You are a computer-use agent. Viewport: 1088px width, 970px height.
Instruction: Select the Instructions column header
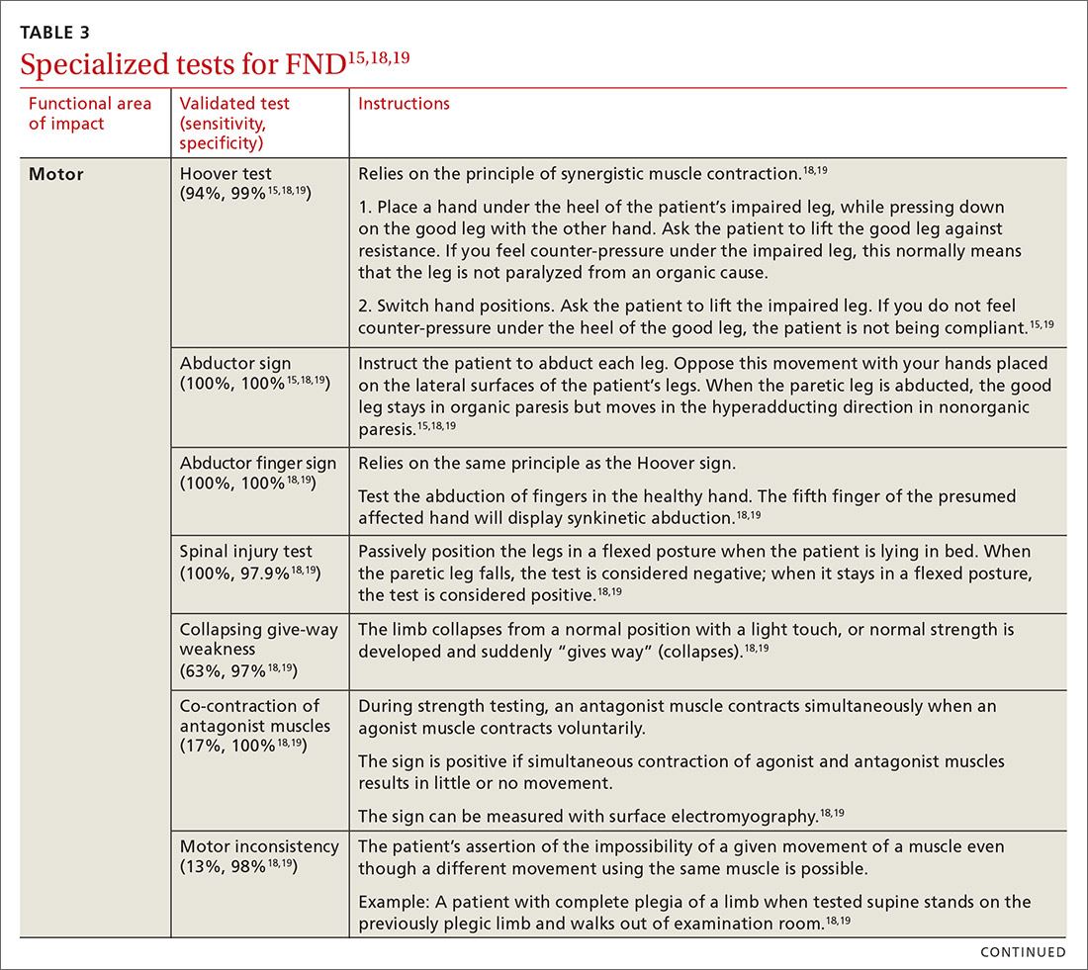(404, 104)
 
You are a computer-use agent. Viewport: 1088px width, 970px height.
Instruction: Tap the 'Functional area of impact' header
(90, 114)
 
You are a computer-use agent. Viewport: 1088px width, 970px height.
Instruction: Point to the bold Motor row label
(56, 175)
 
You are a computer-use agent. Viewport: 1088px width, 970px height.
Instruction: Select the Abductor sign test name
(233, 363)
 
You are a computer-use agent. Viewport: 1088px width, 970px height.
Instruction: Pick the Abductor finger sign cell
(257, 463)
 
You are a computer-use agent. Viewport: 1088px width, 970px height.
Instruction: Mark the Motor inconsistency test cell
(259, 846)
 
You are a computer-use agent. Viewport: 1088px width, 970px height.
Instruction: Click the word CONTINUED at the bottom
(1023, 952)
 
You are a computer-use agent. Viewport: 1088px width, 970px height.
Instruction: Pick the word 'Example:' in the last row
(391, 902)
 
